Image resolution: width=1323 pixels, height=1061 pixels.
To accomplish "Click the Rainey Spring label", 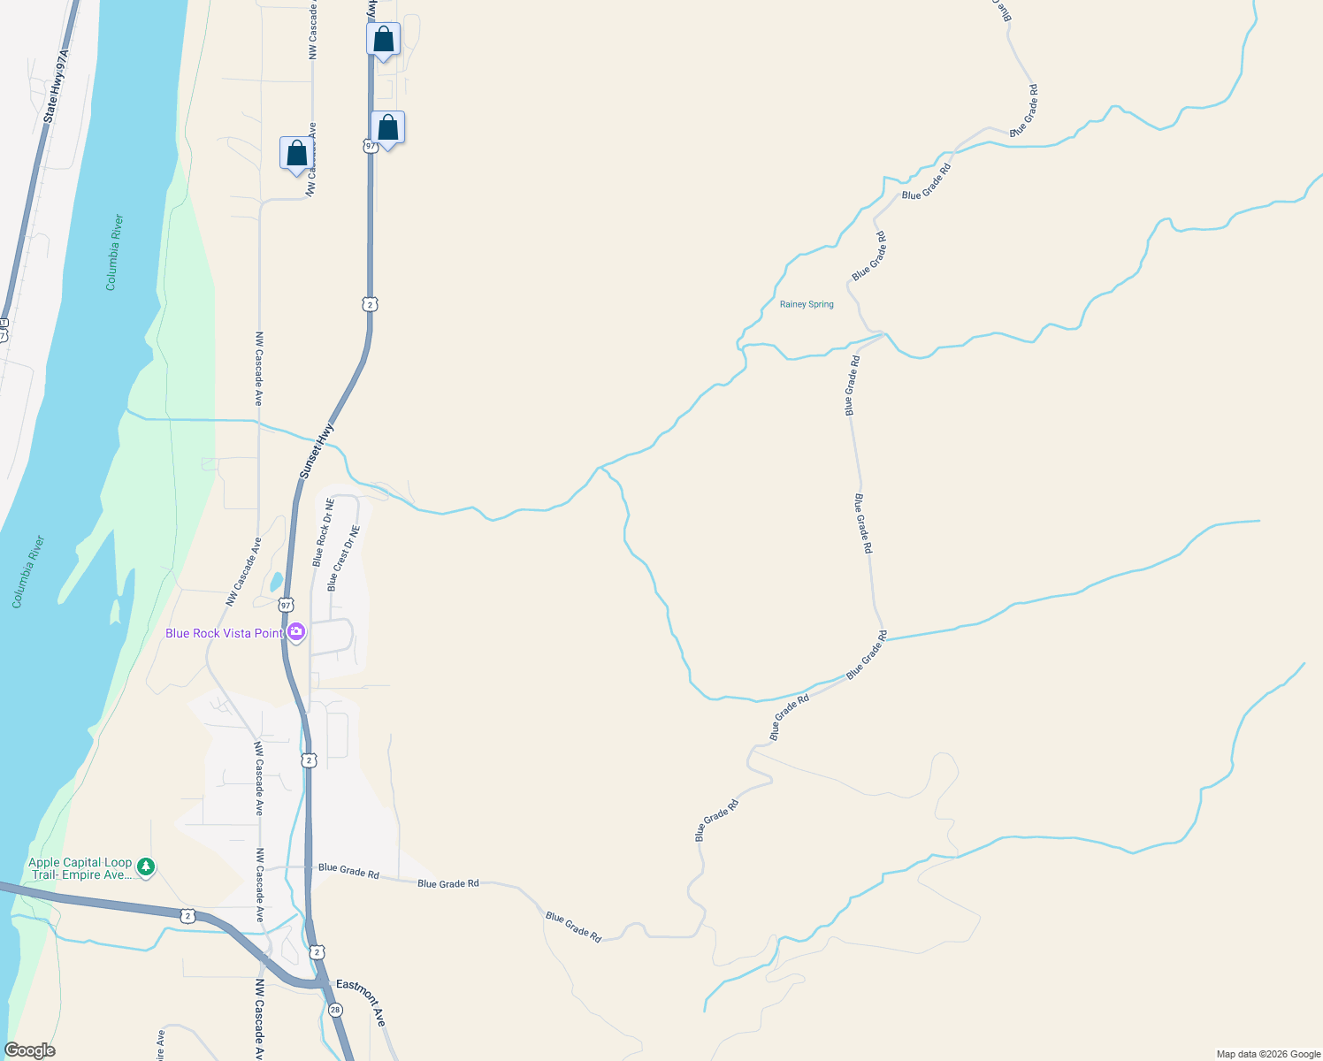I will click(x=807, y=304).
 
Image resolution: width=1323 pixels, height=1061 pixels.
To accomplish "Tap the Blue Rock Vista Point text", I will click(x=224, y=633).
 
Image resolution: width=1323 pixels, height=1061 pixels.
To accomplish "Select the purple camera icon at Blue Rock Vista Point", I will click(x=296, y=632).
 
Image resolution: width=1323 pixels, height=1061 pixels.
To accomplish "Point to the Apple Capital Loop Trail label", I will click(x=80, y=868).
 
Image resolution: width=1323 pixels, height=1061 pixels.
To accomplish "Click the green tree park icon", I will click(x=146, y=867).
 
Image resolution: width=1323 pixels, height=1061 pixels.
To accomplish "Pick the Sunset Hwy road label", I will click(x=317, y=451).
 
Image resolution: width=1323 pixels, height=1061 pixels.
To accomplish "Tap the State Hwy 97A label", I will click(x=56, y=86).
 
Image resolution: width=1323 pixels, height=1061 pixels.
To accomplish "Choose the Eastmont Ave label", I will click(x=361, y=1003).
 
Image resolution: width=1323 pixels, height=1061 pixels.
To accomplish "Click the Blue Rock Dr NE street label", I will click(x=324, y=532).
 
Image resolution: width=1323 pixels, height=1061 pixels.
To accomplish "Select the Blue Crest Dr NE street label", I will click(x=344, y=558).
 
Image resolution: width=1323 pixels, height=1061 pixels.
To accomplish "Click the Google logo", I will click(x=30, y=1050).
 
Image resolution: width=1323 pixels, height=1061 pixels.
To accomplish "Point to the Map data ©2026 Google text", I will click(x=1267, y=1054).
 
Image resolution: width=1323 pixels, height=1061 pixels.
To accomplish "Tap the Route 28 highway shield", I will click(x=335, y=1010).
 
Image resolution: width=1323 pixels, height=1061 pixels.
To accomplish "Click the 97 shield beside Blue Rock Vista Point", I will click(x=285, y=606).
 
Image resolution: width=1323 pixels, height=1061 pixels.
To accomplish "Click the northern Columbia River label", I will click(x=115, y=252).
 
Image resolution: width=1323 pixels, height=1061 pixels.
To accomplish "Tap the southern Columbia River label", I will click(x=28, y=571).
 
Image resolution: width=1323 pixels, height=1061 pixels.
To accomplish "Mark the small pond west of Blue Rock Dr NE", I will click(x=276, y=582).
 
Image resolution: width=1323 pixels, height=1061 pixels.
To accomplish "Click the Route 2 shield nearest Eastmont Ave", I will click(x=317, y=952).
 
